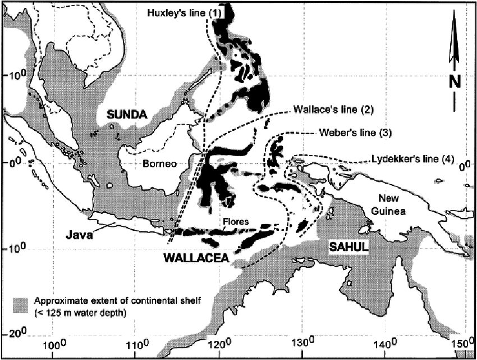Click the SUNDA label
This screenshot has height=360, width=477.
click(128, 115)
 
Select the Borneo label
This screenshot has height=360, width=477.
click(159, 165)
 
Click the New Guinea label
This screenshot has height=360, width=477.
click(393, 204)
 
